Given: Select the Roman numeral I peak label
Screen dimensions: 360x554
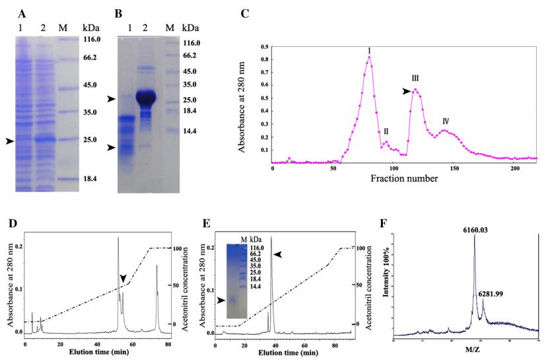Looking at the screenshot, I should coord(369,50).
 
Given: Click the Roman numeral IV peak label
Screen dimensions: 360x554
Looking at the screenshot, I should coord(446,122).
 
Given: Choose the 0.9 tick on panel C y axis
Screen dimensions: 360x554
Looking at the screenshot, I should coord(265,48).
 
